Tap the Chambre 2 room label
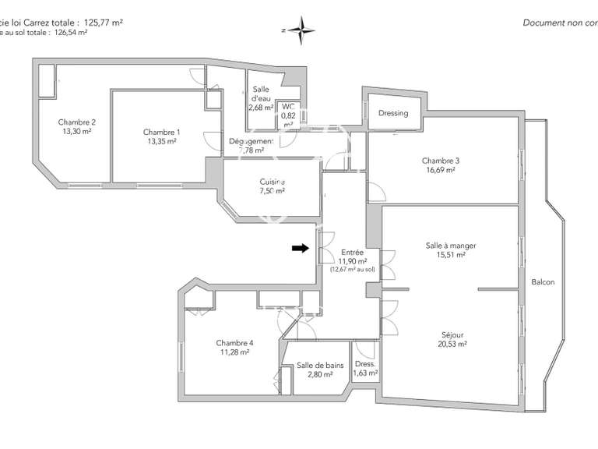click(x=77, y=122)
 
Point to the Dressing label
click(x=393, y=113)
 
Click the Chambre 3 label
click(x=441, y=161)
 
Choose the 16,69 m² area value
click(x=441, y=170)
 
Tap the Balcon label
click(x=543, y=282)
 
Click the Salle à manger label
click(x=451, y=246)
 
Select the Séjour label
click(x=451, y=335)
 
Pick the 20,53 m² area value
click(x=451, y=344)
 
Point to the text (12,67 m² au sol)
click(x=353, y=270)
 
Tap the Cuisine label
click(x=273, y=182)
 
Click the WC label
click(x=288, y=106)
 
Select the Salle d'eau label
click(x=261, y=94)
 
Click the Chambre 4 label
click(x=234, y=343)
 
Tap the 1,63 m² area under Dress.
click(x=365, y=373)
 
